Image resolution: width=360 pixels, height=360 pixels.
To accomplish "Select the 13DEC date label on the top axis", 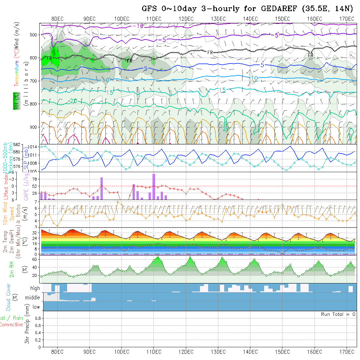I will tap(218, 19).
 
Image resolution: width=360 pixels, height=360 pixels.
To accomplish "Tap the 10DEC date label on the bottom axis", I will tap(122, 352).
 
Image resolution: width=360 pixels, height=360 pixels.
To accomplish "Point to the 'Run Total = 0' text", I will tap(338, 314).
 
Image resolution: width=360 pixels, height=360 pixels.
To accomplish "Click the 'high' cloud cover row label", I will tap(35, 288).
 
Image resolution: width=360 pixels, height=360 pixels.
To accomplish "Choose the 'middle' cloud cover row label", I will tap(33, 297).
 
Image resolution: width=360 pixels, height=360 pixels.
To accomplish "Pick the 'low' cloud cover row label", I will tap(36, 307).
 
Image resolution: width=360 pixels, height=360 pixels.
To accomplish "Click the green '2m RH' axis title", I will tap(12, 269).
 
